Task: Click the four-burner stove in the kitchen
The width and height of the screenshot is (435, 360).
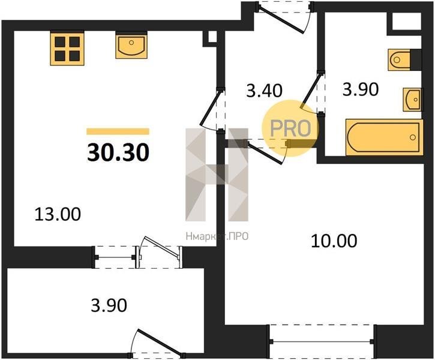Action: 67,49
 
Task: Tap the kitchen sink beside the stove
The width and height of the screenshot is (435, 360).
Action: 131,46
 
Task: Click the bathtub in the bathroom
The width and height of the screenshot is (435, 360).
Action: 384,137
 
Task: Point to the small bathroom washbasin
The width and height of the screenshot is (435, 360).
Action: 413,100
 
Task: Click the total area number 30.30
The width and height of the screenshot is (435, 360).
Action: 118,153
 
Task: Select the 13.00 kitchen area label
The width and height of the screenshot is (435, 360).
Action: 58,214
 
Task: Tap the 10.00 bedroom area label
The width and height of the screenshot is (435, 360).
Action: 334,241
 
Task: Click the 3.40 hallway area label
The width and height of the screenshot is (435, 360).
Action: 264,91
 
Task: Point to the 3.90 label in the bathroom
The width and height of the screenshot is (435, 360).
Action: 361,89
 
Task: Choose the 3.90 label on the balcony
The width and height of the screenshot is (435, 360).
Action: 109,305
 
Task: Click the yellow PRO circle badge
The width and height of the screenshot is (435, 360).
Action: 290,128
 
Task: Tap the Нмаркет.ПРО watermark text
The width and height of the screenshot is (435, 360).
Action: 217,236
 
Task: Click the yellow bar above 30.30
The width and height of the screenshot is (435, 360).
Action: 118,131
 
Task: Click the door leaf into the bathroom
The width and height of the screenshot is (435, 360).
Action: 311,91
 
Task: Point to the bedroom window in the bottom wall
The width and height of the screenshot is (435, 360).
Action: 322,341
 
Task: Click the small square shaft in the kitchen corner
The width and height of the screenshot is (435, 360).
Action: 212,37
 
